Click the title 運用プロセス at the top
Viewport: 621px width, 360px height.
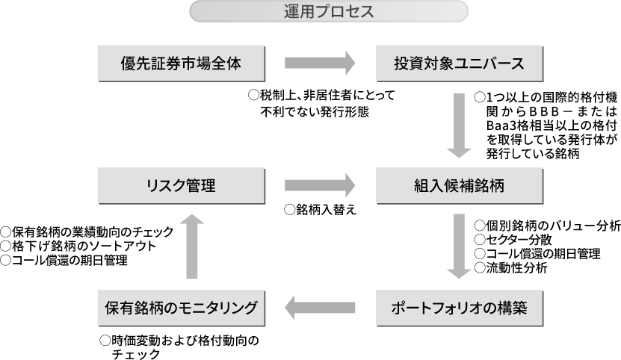click(329, 12)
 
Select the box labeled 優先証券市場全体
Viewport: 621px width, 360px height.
click(181, 63)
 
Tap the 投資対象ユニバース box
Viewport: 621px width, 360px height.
click(459, 63)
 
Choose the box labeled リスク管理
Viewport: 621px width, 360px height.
click(181, 186)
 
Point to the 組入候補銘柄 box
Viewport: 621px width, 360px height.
click(459, 186)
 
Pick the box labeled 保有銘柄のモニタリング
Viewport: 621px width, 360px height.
click(181, 308)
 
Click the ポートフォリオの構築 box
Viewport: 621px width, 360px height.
click(459, 308)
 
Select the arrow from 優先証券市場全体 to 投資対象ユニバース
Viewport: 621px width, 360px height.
click(320, 63)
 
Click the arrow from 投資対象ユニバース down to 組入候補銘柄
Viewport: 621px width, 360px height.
click(459, 125)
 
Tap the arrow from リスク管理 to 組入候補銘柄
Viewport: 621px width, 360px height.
click(320, 186)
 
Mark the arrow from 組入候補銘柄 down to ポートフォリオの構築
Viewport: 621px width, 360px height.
click(459, 246)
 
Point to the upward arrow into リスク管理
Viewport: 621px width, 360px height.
click(192, 246)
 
